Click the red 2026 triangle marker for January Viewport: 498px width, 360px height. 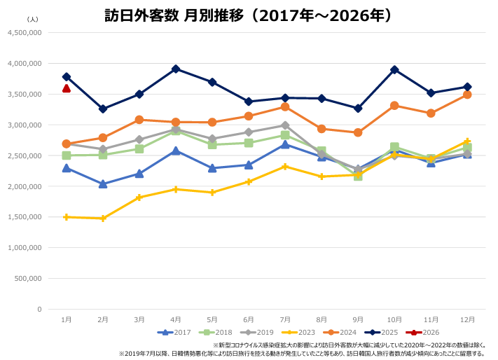point(67,88)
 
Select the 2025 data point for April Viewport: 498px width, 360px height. point(176,69)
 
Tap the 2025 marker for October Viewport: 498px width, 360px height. point(394,69)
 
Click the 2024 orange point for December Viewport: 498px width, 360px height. point(467,95)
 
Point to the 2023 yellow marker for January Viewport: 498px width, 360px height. point(67,217)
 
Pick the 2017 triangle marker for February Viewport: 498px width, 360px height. point(103,184)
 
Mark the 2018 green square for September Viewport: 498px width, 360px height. point(358,176)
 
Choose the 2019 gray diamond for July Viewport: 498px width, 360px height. point(285,125)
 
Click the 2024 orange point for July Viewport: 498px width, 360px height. point(285,107)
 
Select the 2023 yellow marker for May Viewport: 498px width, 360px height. point(212,192)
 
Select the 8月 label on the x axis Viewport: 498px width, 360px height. point(321,319)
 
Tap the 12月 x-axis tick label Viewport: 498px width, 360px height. point(467,319)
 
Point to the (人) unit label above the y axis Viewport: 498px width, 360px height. point(32,20)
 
